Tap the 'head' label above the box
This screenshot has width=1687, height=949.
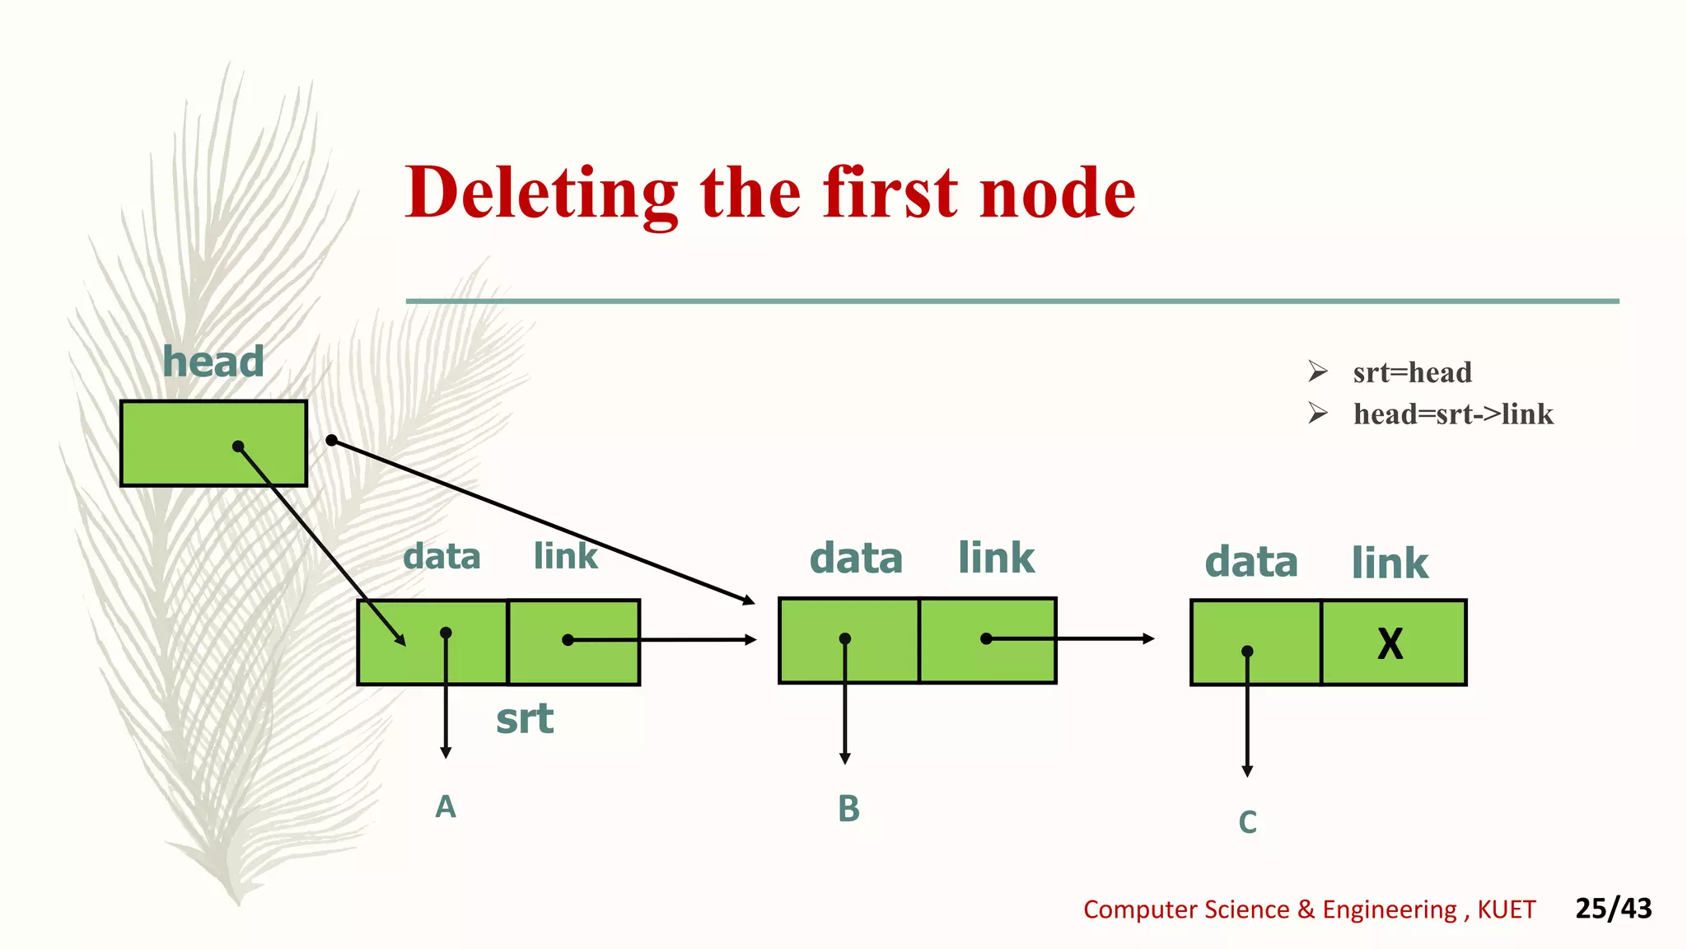click(213, 362)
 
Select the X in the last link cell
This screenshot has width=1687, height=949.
click(1390, 643)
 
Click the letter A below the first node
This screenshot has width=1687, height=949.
click(446, 806)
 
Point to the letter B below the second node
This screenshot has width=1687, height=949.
click(848, 809)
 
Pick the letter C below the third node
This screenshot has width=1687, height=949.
click(1248, 822)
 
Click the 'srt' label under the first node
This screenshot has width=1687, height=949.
click(525, 719)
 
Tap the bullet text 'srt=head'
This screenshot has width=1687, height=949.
click(1412, 372)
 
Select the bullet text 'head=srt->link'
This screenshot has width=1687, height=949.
click(1453, 414)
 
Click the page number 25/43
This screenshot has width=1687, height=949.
click(1613, 908)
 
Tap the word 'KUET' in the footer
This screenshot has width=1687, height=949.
click(1506, 909)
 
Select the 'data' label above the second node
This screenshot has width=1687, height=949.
click(856, 559)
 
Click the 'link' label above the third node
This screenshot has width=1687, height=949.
click(1390, 563)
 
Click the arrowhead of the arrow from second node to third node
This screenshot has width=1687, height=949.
click(1148, 638)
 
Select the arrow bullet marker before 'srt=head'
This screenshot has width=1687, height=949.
click(1317, 372)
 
